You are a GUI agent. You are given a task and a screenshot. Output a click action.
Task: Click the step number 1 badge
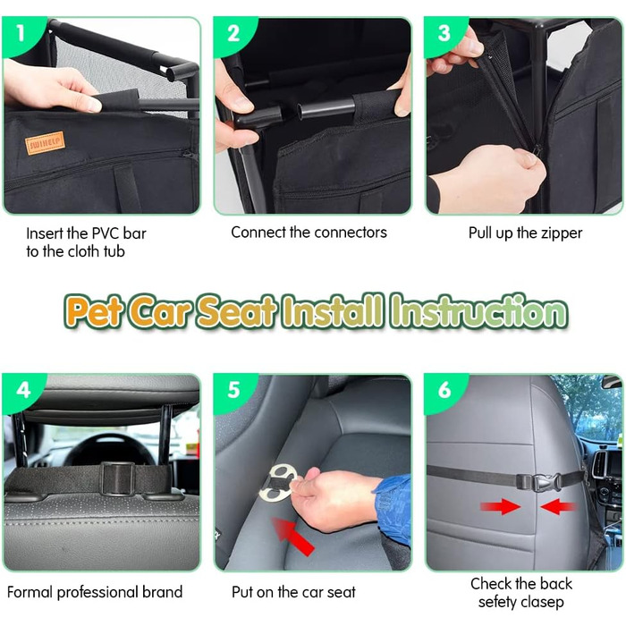(x=20, y=34)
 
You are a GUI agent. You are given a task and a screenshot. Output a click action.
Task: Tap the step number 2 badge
(x=233, y=34)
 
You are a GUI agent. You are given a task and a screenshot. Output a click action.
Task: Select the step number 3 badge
(x=444, y=34)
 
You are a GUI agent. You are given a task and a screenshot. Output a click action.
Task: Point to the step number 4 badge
(x=23, y=390)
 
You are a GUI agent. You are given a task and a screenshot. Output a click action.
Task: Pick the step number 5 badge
(x=234, y=390)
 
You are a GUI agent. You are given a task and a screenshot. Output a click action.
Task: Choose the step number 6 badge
(x=444, y=390)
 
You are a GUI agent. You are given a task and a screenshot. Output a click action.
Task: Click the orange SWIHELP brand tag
(x=45, y=143)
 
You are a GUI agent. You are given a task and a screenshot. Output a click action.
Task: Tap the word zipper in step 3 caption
(x=562, y=233)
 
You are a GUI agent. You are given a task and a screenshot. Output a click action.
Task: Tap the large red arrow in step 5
(x=293, y=536)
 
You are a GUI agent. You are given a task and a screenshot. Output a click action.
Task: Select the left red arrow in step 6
(x=500, y=507)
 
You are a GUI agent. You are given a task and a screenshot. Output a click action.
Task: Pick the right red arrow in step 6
(x=559, y=507)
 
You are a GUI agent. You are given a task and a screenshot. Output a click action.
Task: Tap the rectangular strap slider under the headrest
(x=117, y=478)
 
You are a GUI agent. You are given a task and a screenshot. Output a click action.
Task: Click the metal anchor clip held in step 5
(x=279, y=484)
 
